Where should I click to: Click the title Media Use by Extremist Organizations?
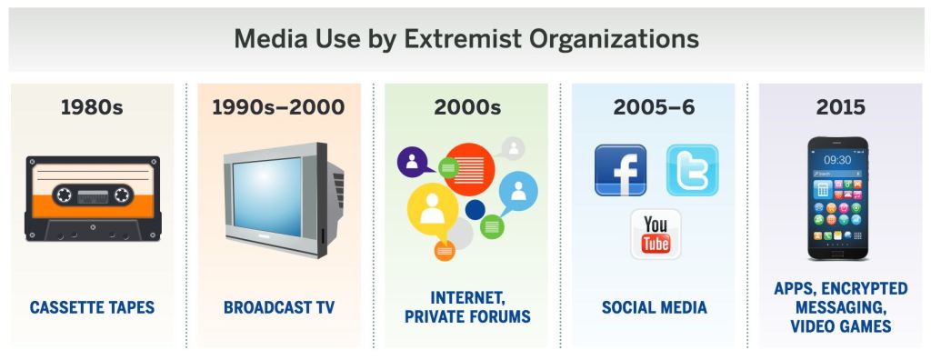point(465,40)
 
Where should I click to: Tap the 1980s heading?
point(92,107)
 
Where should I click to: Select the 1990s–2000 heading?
point(278,107)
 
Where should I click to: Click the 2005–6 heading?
point(654,107)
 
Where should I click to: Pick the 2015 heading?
point(840,107)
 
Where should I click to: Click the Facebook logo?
point(620,170)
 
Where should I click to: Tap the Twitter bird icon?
point(692,170)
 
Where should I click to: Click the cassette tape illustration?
point(92,198)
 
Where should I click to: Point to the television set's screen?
point(269,195)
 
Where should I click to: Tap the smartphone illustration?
point(840,197)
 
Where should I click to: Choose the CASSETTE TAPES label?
point(92,308)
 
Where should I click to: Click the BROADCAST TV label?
point(279,308)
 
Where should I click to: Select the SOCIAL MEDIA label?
point(654,308)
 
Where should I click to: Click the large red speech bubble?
point(469,169)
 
